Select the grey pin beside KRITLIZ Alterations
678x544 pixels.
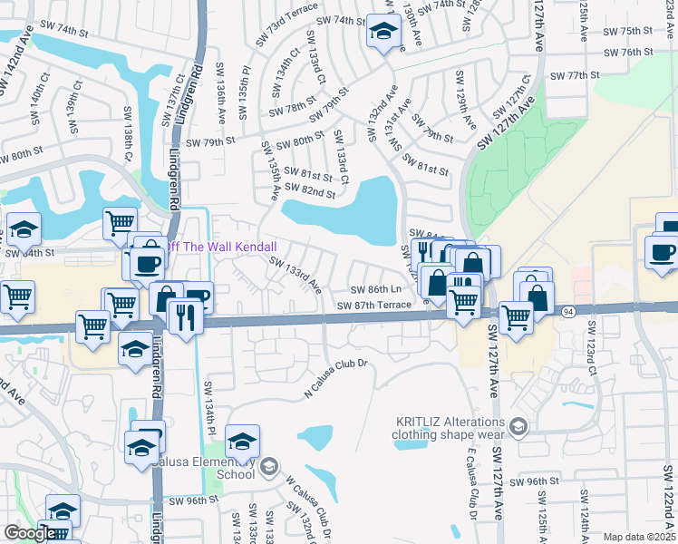tap(518, 425)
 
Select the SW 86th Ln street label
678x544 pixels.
tap(376, 289)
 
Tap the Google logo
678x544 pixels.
tap(29, 533)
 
